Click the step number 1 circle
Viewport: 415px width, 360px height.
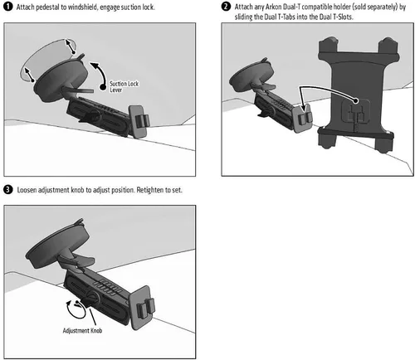(x=8, y=7)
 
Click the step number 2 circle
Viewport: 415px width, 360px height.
(x=226, y=7)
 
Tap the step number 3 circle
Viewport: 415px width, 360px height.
(x=8, y=190)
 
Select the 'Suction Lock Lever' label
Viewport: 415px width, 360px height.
(x=124, y=86)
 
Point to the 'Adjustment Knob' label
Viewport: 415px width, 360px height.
(x=82, y=330)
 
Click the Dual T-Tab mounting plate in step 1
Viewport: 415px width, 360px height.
(x=139, y=121)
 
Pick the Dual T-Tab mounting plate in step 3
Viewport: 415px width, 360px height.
(x=143, y=308)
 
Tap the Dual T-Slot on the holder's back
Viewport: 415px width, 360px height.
(x=356, y=111)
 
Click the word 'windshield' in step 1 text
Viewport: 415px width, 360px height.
(x=82, y=7)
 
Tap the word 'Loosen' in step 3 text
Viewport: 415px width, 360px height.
(x=27, y=190)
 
